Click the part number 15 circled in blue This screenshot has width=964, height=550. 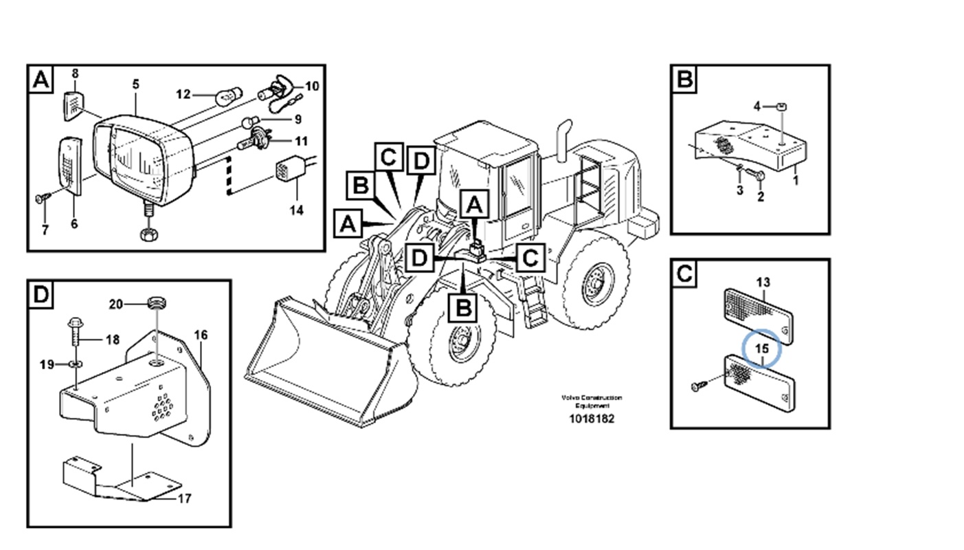pyautogui.click(x=762, y=349)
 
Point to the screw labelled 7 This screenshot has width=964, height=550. pyautogui.click(x=41, y=199)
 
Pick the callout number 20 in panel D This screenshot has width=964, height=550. pyautogui.click(x=116, y=305)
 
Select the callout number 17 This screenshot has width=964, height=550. pyautogui.click(x=183, y=498)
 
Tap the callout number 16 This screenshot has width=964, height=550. pyautogui.click(x=200, y=335)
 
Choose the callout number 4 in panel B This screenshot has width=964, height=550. pyautogui.click(x=757, y=106)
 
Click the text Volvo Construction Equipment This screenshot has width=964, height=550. pyautogui.click(x=591, y=401)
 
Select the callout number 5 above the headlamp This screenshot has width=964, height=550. pyautogui.click(x=135, y=84)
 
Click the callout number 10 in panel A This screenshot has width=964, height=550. pyautogui.click(x=311, y=86)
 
